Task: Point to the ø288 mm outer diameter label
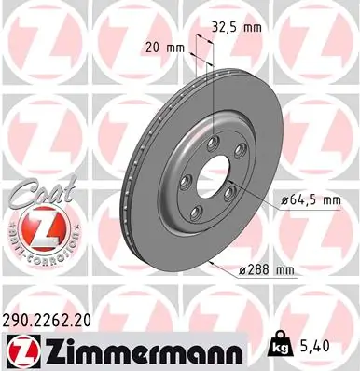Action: click(x=268, y=269)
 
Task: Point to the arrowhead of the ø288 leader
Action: click(x=214, y=265)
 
